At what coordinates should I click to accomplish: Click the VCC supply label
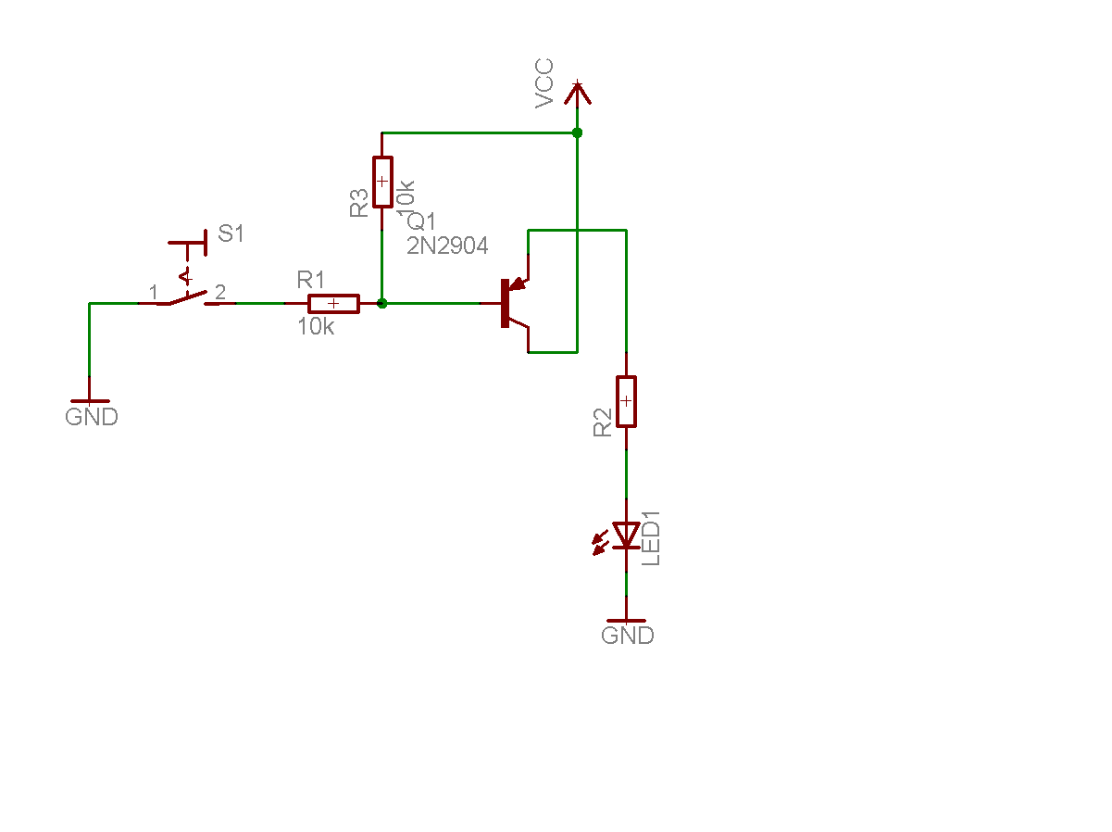click(x=544, y=83)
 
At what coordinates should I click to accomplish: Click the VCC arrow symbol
click(x=578, y=94)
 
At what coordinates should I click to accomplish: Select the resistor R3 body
click(x=382, y=181)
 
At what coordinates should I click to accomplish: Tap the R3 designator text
click(x=359, y=204)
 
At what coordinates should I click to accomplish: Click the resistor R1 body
click(x=333, y=303)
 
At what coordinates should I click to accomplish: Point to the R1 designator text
click(x=311, y=279)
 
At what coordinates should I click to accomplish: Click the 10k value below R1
click(x=316, y=326)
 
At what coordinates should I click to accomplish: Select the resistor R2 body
click(x=627, y=401)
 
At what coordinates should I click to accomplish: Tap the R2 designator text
click(x=603, y=423)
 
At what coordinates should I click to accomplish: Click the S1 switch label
click(x=231, y=234)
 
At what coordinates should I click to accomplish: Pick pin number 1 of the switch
click(x=154, y=292)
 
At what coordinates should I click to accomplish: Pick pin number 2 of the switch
click(x=219, y=292)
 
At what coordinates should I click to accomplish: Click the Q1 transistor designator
click(x=422, y=221)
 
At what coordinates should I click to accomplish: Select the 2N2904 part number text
click(x=447, y=246)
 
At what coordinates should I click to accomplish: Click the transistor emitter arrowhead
click(x=517, y=282)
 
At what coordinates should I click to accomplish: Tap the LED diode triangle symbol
click(x=627, y=535)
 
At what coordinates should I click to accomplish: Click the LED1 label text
click(x=652, y=538)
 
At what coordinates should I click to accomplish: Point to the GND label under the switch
click(x=92, y=417)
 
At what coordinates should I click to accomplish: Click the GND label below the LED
click(x=628, y=636)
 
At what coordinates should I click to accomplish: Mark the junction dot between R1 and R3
click(x=382, y=303)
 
